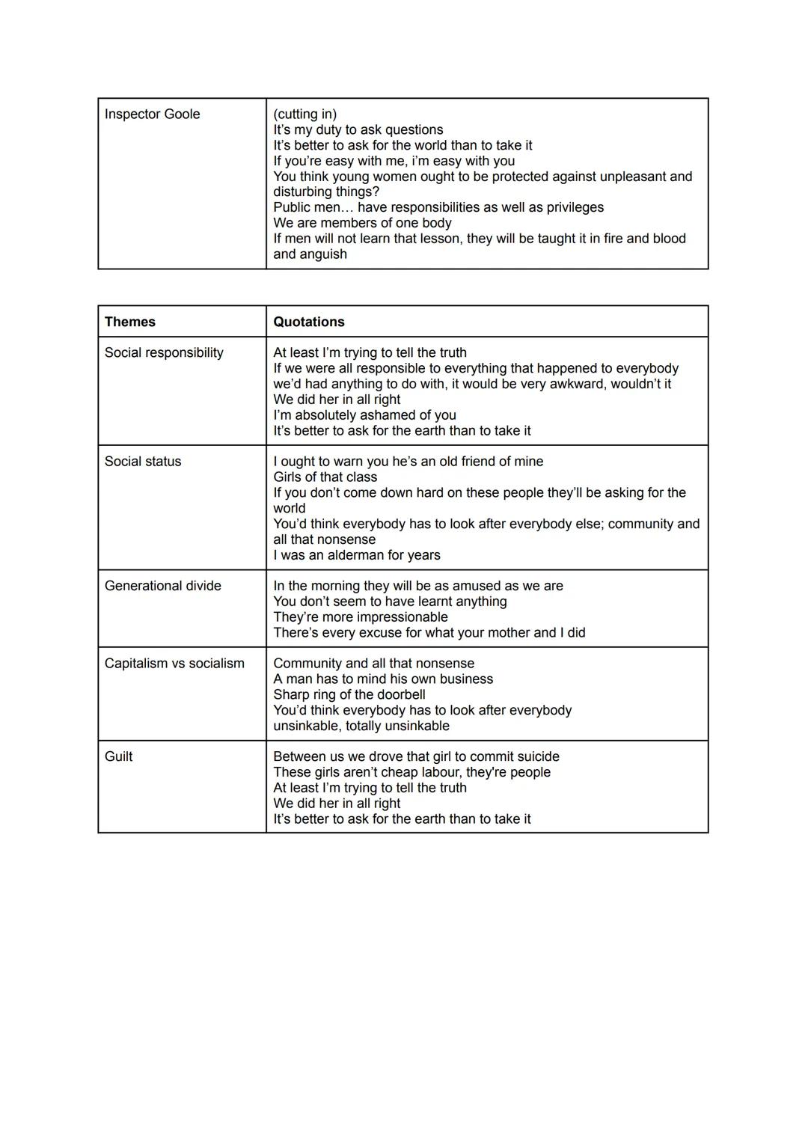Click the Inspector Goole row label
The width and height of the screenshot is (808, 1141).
click(152, 114)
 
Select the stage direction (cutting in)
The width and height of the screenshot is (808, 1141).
click(304, 114)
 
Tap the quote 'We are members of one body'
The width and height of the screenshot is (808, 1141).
click(362, 223)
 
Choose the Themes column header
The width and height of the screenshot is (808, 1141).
click(130, 322)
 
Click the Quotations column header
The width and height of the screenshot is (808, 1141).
click(308, 322)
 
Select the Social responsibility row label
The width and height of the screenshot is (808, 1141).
click(164, 352)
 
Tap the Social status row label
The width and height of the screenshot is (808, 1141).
click(143, 462)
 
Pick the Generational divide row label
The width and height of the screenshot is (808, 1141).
click(162, 586)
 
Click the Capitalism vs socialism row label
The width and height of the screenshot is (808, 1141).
click(174, 664)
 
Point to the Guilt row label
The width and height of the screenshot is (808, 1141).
click(118, 756)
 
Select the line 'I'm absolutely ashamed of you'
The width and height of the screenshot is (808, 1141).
click(364, 415)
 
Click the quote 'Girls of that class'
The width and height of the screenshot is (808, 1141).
click(325, 477)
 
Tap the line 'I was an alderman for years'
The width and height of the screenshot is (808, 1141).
click(356, 555)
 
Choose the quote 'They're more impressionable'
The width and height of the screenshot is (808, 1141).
click(360, 617)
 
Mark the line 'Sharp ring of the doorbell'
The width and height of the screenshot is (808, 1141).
click(349, 694)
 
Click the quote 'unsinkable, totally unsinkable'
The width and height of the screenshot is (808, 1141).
click(361, 726)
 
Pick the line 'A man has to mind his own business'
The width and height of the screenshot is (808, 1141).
click(383, 679)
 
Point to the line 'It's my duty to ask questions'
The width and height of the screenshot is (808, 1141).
click(358, 129)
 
